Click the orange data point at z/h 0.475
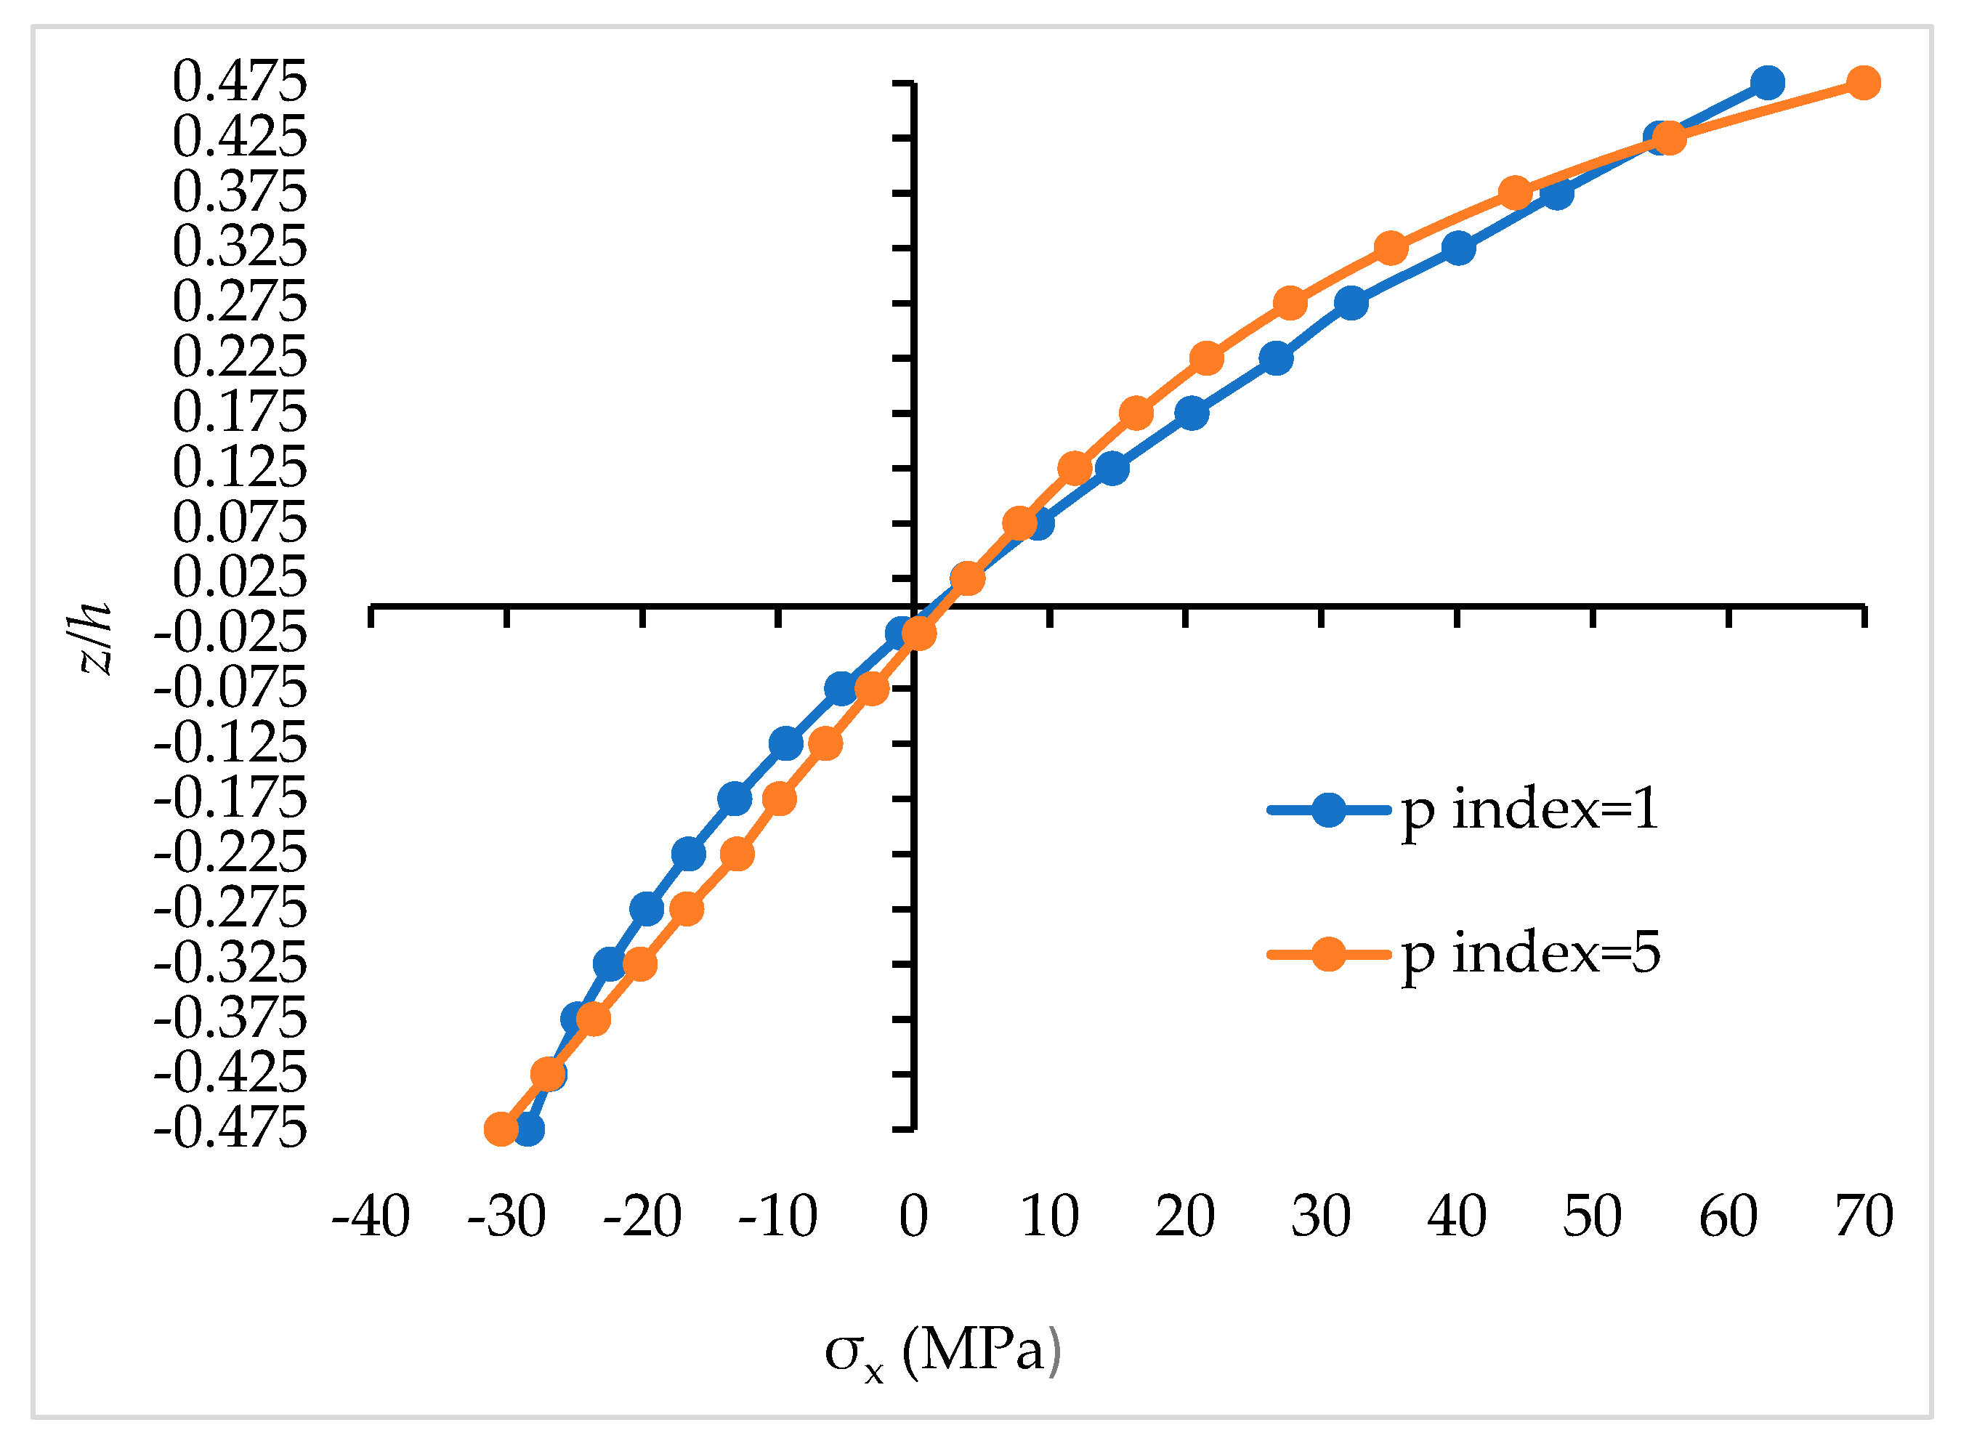pos(1863,83)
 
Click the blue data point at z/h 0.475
pos(1767,83)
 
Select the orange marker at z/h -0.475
pos(501,1129)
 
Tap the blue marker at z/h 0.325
pos(1457,249)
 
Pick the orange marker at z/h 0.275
pos(1290,304)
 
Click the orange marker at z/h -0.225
pos(737,853)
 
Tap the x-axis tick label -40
pos(370,1216)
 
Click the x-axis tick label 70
pos(1864,1216)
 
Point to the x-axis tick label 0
pos(913,1216)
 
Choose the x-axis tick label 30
pos(1320,1216)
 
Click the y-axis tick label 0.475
pos(240,83)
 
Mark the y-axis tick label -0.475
pos(230,1129)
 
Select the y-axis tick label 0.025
pos(240,578)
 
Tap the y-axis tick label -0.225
pos(230,853)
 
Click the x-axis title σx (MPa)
pos(942,1352)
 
